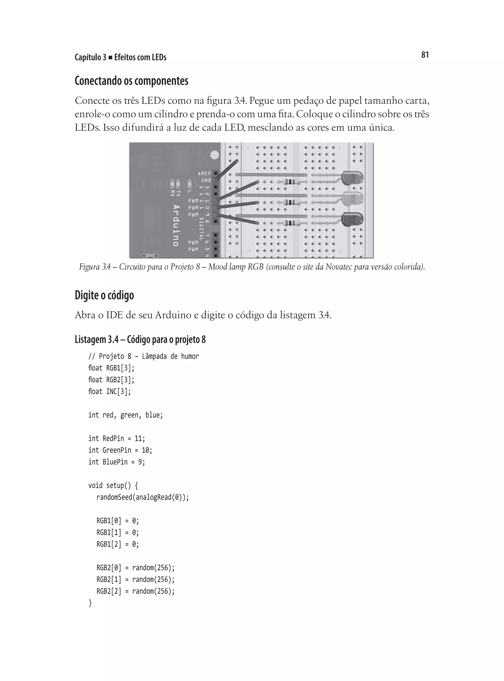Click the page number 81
coord(425,55)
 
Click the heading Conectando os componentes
coord(131,81)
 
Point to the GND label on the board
coord(206,180)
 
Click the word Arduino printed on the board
coord(176,225)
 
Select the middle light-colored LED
coord(353,199)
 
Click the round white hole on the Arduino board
coord(215,155)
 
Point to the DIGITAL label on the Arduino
coord(201,228)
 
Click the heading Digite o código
coord(104,295)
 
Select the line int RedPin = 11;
coord(117,438)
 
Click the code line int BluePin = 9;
coord(117,462)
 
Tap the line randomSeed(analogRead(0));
coord(142,497)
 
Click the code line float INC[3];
coord(109,391)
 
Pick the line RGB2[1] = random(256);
coord(135,579)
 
